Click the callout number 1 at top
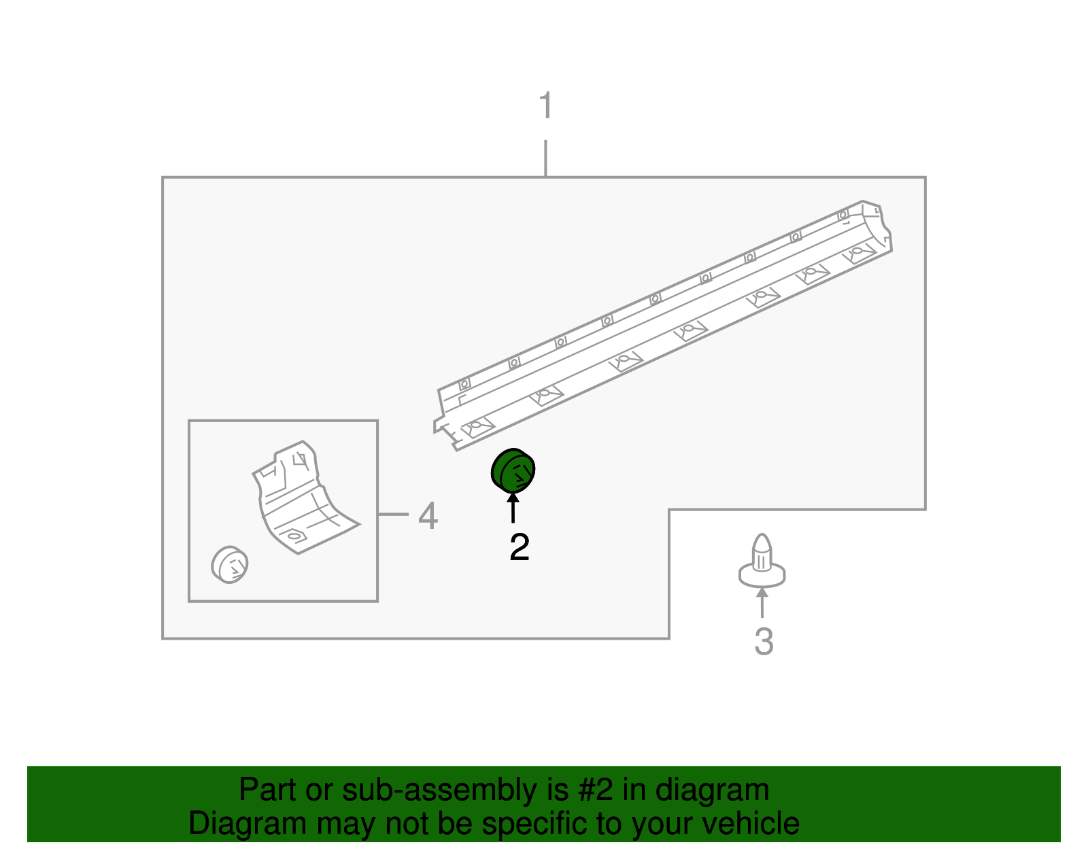pyautogui.click(x=545, y=106)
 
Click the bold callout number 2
pyautogui.click(x=519, y=547)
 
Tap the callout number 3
pyautogui.click(x=764, y=642)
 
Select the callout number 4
pyautogui.click(x=428, y=516)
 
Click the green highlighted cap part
pyautogui.click(x=513, y=470)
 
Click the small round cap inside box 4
pyautogui.click(x=230, y=564)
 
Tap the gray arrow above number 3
pyautogui.click(x=762, y=603)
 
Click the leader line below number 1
pyautogui.click(x=545, y=158)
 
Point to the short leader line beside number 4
pyautogui.click(x=393, y=515)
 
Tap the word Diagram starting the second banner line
pyautogui.click(x=238, y=824)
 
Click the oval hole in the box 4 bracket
pyautogui.click(x=294, y=536)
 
